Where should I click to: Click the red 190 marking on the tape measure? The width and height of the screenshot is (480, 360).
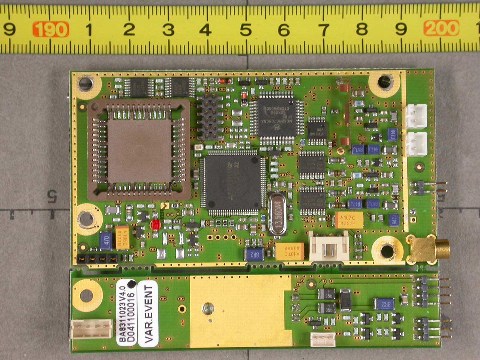click(x=51, y=29)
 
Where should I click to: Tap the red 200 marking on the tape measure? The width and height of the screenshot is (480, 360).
click(x=441, y=28)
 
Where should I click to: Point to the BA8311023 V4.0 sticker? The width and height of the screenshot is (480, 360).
click(x=126, y=312)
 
